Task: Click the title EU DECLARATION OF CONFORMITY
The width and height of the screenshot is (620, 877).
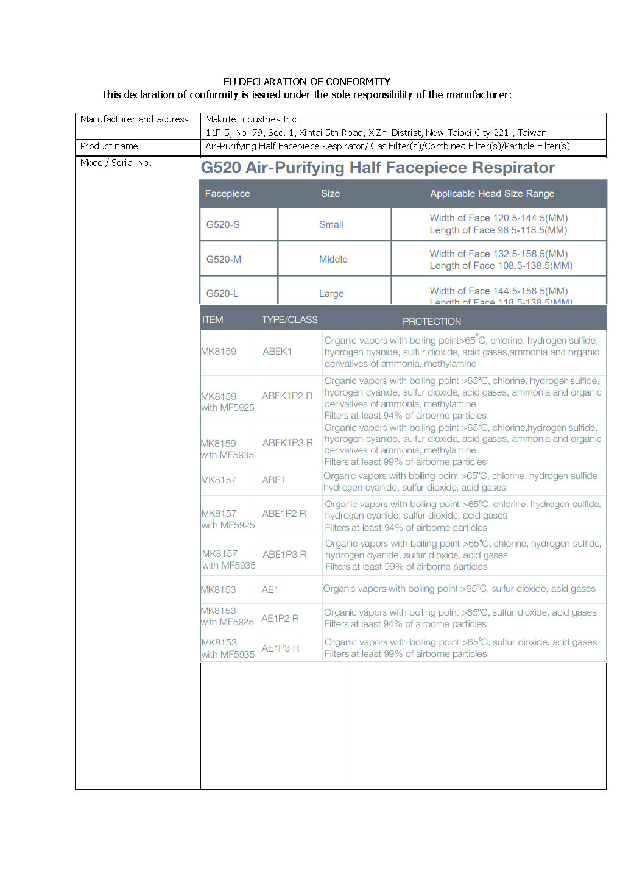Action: coord(306,82)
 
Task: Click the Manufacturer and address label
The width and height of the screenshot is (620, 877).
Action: coord(134,119)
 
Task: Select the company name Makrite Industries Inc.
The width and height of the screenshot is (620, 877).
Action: coord(252,119)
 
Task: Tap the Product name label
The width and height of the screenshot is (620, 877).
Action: coord(109,146)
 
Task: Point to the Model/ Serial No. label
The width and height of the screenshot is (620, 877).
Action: coord(116,163)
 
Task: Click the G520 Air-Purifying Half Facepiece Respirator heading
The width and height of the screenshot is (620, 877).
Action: coord(378,168)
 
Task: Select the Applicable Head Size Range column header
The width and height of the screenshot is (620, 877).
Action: coord(492,194)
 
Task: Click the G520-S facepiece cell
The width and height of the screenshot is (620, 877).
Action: coord(223,225)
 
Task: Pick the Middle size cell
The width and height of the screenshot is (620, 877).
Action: coord(333,260)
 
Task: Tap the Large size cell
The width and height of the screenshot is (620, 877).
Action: coord(331,294)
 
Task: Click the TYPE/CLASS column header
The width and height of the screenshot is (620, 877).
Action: coord(289,320)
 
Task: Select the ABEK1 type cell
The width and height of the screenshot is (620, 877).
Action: coord(277,352)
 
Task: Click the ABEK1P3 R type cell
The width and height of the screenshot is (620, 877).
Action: coord(287,443)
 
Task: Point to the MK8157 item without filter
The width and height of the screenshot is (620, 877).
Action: coord(219,480)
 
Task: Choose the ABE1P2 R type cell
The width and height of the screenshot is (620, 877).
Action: coord(284,514)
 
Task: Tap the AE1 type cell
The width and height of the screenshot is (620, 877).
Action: coord(270,590)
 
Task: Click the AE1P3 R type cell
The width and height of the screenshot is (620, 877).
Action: coord(280,648)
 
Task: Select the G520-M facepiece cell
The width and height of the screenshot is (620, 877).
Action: coord(224,260)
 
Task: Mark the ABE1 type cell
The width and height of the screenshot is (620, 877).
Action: coord(273,480)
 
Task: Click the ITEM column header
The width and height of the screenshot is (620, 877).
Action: coord(213,320)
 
